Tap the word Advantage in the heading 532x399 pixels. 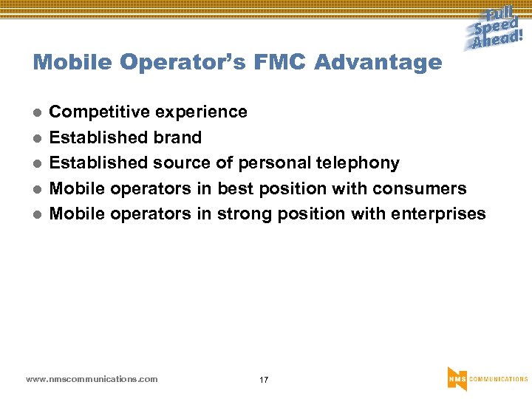(378, 62)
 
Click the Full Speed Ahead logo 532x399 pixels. (497, 29)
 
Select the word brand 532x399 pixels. (177, 137)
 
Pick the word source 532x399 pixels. (182, 163)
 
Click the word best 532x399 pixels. (235, 188)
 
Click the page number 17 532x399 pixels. (264, 380)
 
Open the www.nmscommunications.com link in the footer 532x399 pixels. (92, 379)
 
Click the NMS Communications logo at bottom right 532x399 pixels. (487, 378)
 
